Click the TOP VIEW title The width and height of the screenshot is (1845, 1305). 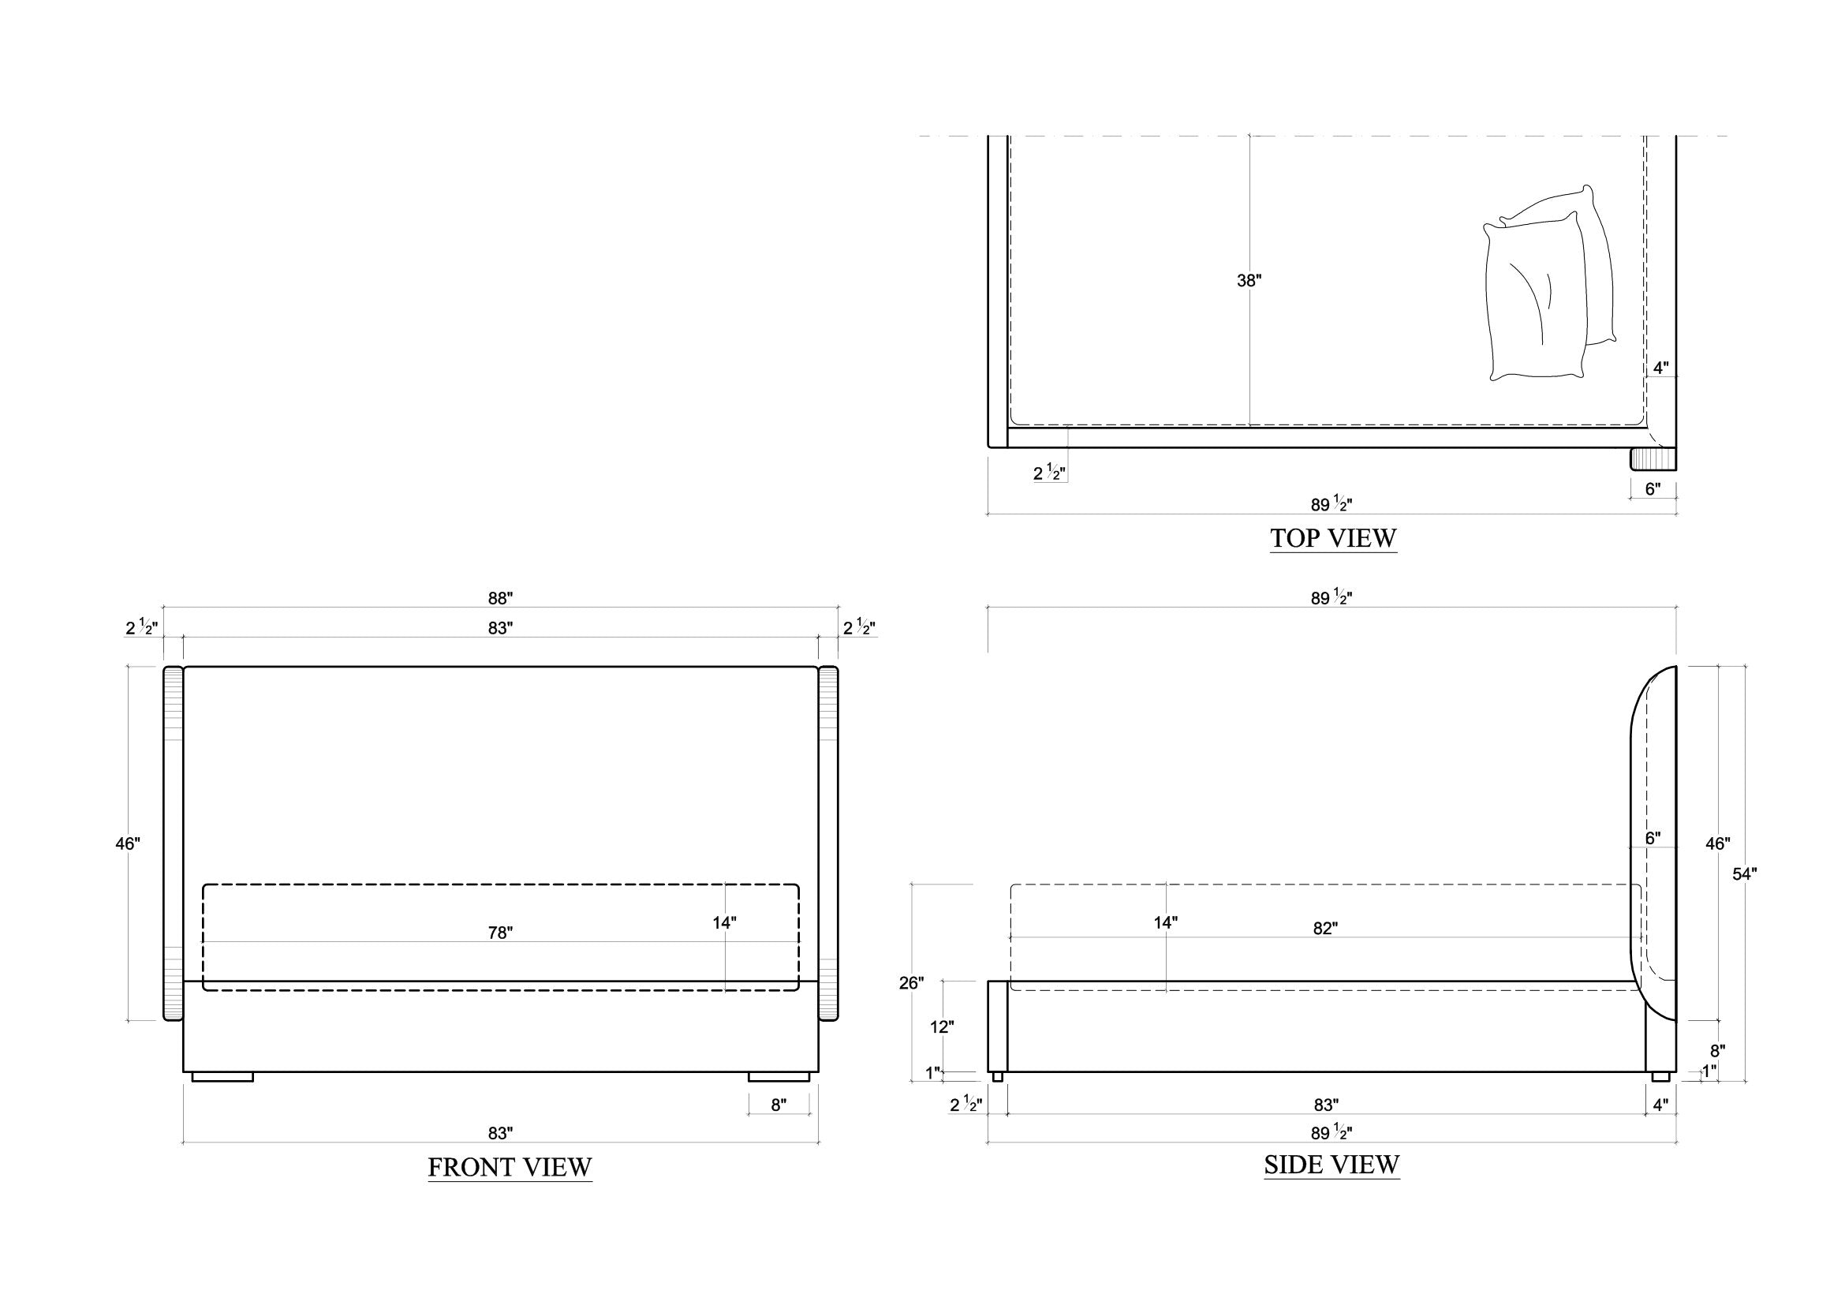(x=1333, y=537)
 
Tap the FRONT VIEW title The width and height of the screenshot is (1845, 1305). (x=510, y=1167)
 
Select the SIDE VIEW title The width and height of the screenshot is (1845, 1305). (x=1331, y=1165)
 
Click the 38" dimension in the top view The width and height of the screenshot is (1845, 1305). (x=1249, y=280)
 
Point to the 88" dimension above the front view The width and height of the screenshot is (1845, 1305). (x=500, y=598)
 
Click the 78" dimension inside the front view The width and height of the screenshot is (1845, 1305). (x=500, y=932)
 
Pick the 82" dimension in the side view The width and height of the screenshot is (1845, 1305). (x=1325, y=928)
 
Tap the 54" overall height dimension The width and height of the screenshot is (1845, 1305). (x=1744, y=874)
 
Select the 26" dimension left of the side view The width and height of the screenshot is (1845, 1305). (x=911, y=983)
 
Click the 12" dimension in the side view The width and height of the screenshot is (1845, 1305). (x=942, y=1027)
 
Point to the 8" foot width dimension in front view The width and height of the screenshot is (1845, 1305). (x=778, y=1104)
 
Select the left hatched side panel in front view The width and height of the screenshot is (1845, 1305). (x=174, y=843)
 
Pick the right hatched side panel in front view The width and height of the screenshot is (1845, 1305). (x=828, y=843)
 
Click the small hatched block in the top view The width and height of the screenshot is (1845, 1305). (x=1653, y=460)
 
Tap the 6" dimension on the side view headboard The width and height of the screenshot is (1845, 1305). (x=1653, y=838)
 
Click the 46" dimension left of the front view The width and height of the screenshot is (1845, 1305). (x=128, y=843)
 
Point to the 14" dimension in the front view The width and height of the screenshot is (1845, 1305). (x=724, y=922)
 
